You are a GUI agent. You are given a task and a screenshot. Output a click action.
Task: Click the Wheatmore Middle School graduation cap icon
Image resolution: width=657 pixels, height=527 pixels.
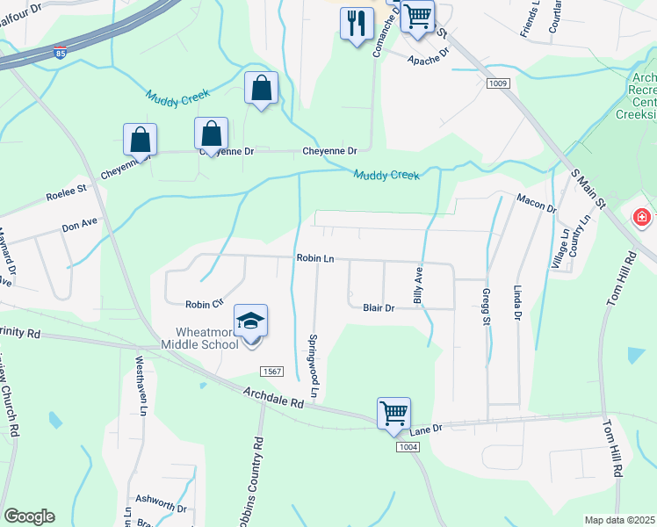pos(250,322)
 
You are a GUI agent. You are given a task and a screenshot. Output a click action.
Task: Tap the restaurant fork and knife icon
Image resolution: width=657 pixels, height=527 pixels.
pos(356,23)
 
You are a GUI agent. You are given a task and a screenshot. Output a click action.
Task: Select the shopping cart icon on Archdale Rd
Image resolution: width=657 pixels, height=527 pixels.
pos(393,413)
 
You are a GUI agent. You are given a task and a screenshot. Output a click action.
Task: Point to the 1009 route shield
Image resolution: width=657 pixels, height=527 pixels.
pos(498,83)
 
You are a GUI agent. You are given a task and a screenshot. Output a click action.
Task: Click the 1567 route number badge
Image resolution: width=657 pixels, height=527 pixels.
pos(273,372)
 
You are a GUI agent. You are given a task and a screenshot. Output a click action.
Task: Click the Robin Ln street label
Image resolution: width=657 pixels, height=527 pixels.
pos(315,259)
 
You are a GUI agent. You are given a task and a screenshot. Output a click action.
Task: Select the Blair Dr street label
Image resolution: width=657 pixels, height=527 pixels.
pos(379,307)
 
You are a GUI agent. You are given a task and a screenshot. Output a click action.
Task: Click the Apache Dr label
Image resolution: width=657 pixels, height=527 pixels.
pos(429,56)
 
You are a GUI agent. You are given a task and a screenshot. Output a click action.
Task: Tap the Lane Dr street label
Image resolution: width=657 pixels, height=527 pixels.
pos(426,428)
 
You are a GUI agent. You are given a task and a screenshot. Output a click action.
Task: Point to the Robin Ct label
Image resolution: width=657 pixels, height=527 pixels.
pos(206,304)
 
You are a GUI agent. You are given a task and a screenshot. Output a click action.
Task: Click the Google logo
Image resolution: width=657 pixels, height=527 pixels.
pos(30,516)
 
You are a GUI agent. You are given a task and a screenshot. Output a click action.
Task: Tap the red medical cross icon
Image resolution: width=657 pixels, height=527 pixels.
pos(643,217)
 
